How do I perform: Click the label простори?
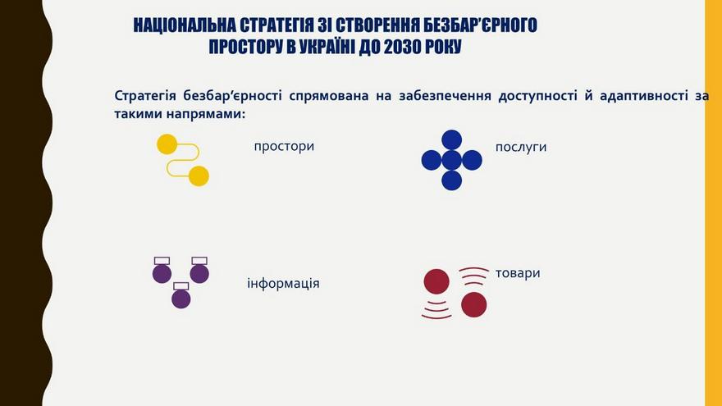[284, 147]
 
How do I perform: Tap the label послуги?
[521, 148]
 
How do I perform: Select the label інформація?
[283, 283]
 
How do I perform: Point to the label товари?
[518, 273]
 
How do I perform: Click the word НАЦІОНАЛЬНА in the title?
[185, 25]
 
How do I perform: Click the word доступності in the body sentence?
[538, 96]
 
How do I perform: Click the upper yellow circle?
[167, 144]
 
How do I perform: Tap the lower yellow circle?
[199, 176]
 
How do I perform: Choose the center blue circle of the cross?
[452, 160]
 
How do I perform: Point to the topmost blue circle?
[452, 140]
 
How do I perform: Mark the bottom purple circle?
[181, 299]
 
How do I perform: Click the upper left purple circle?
[162, 274]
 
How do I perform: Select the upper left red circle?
[436, 281]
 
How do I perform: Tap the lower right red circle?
[474, 305]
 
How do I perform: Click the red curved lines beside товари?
[474, 272]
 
